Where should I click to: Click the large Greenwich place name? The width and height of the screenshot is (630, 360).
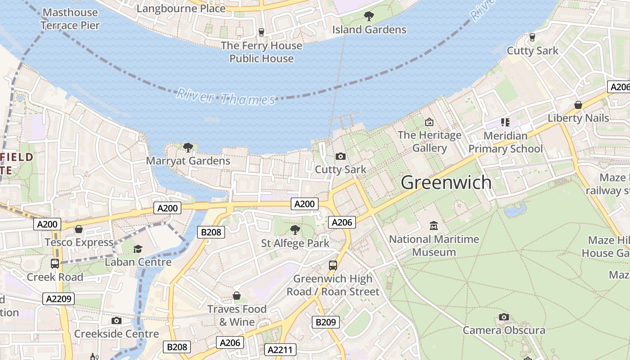pyautogui.click(x=446, y=183)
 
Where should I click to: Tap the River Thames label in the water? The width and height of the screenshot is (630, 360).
pyautogui.click(x=225, y=97)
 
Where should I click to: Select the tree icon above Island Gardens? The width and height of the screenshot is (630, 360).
pyautogui.click(x=369, y=17)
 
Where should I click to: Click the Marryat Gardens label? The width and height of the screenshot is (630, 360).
pyautogui.click(x=188, y=161)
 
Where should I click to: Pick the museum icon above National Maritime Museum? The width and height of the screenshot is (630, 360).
pyautogui.click(x=434, y=225)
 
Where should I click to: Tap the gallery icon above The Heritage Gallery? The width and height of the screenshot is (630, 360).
pyautogui.click(x=429, y=122)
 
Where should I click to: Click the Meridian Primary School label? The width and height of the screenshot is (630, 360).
pyautogui.click(x=505, y=142)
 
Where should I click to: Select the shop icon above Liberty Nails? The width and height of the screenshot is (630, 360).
pyautogui.click(x=578, y=105)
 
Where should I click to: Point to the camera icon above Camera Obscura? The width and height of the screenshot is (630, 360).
pyautogui.click(x=504, y=317)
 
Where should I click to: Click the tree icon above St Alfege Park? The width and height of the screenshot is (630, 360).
pyautogui.click(x=295, y=230)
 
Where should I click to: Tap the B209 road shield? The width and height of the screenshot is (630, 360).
pyautogui.click(x=326, y=322)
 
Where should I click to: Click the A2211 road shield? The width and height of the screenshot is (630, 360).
pyautogui.click(x=280, y=350)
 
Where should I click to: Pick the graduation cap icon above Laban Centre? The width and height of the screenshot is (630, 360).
pyautogui.click(x=138, y=249)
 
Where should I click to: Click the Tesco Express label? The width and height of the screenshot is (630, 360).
pyautogui.click(x=79, y=242)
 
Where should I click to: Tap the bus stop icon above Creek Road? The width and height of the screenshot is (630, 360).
pyautogui.click(x=55, y=264)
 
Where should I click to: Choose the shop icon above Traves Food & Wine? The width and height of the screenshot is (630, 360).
pyautogui.click(x=237, y=296)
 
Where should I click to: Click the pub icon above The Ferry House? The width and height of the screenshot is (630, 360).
pyautogui.click(x=261, y=32)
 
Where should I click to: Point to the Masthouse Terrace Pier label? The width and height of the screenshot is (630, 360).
pyautogui.click(x=70, y=19)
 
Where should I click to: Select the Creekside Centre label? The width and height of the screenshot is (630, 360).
pyautogui.click(x=117, y=334)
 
